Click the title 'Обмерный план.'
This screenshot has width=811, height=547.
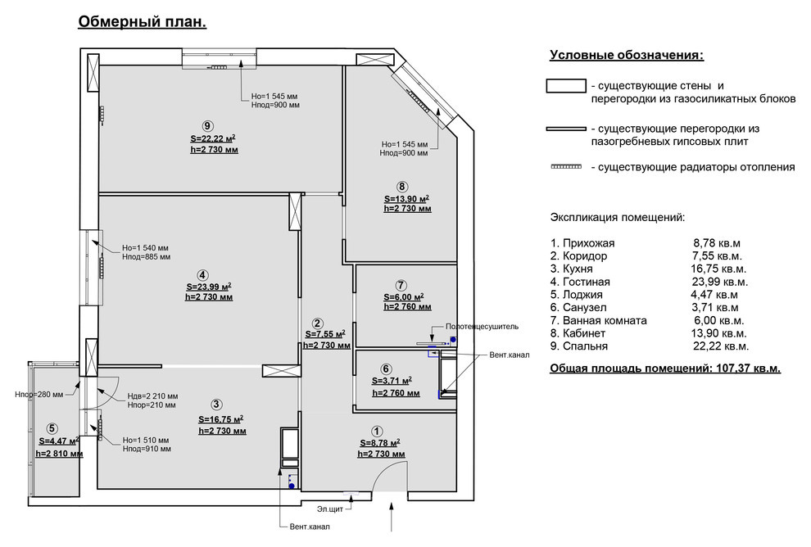[x=143, y=22]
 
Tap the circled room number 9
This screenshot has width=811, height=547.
[x=207, y=126]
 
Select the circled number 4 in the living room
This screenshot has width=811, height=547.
[x=203, y=275]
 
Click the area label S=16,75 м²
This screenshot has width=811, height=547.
[x=221, y=419]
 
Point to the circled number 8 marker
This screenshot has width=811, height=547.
[x=402, y=187]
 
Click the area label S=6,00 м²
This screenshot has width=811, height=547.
[x=403, y=296]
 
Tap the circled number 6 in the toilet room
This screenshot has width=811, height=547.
[x=386, y=369]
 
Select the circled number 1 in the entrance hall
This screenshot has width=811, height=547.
[x=377, y=432]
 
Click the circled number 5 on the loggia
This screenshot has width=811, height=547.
[x=52, y=428]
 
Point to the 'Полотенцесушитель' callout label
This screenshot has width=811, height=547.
[x=482, y=327]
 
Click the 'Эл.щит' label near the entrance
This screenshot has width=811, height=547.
[x=330, y=509]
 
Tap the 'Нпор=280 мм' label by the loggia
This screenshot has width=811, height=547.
[x=39, y=395]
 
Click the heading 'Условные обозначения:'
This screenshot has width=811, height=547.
[x=627, y=56]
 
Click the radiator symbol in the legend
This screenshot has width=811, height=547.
[x=566, y=167]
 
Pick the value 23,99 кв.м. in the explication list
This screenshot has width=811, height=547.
[x=720, y=282]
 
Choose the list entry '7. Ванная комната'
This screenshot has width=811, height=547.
[x=599, y=320]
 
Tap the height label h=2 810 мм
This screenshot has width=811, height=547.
[x=59, y=454]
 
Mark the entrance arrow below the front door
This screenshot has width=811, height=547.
[x=392, y=516]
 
